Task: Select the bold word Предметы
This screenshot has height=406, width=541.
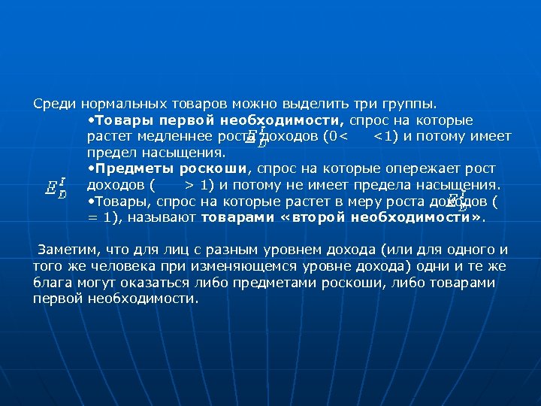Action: coord(125,168)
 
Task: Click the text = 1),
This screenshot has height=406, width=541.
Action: coord(104,217)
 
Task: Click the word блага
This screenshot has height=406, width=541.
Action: coord(52,283)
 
